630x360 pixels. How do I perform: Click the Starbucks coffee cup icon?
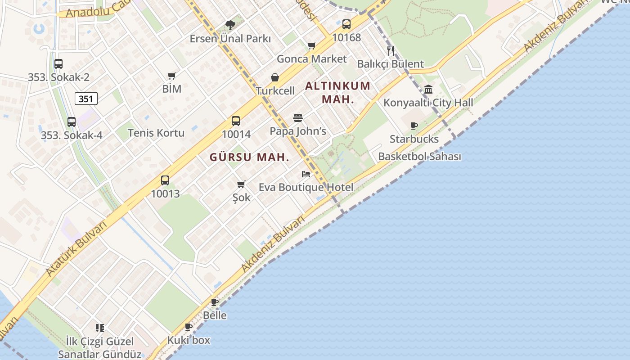[x=414, y=126]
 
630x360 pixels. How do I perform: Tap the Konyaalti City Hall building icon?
[x=428, y=89]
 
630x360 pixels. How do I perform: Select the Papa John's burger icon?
[x=298, y=118]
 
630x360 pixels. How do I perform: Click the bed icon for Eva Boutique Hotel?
[x=306, y=174]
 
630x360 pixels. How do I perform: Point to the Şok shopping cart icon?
[x=241, y=184]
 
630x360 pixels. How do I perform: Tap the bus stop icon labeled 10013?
[x=165, y=180]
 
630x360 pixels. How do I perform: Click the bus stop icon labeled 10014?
[x=236, y=121]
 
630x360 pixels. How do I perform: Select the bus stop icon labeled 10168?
[x=346, y=24]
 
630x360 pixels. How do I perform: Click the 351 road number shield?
[x=86, y=99]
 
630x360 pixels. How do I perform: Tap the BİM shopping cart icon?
[x=171, y=76]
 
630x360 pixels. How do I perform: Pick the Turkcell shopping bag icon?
[x=275, y=78]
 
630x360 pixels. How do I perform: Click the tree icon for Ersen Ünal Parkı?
[x=230, y=25]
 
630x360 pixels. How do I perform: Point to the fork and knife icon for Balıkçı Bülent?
[x=391, y=50]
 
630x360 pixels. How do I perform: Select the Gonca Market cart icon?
[x=311, y=45]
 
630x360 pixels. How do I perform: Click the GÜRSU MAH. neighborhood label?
[x=249, y=157]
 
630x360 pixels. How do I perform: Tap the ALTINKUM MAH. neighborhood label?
[x=338, y=92]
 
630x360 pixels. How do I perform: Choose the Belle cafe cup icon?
[x=215, y=302]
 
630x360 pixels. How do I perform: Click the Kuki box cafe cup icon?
[x=189, y=327]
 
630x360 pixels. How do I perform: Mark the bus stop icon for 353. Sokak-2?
[x=58, y=64]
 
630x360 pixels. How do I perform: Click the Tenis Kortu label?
[x=156, y=133]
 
